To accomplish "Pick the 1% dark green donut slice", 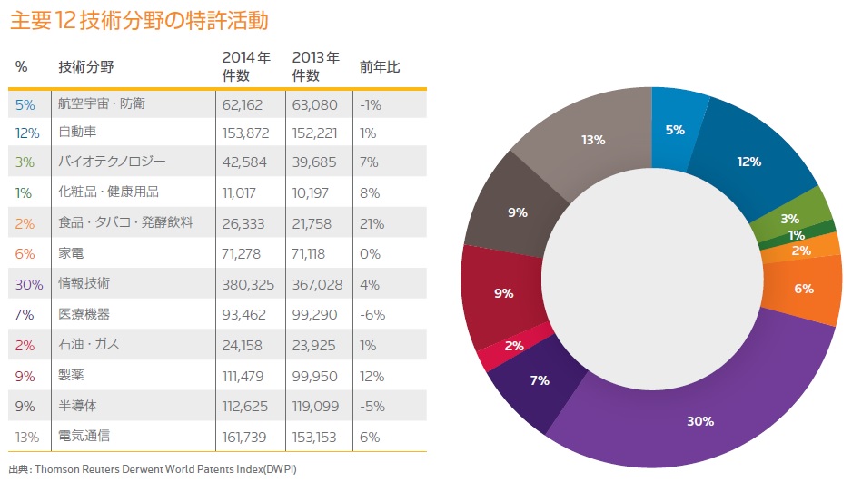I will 796,236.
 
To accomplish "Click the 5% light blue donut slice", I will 675,128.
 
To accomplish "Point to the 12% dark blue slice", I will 748,162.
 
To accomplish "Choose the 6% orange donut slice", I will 804,289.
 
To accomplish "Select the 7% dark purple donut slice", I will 540,379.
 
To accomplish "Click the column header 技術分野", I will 85,67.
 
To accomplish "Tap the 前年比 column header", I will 380,67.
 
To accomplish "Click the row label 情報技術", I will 83,284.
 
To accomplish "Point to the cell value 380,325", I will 249,284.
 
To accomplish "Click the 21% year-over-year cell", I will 372,223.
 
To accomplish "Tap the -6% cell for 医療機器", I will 372,315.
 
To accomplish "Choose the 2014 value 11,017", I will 241,192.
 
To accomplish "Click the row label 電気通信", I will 83,437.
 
